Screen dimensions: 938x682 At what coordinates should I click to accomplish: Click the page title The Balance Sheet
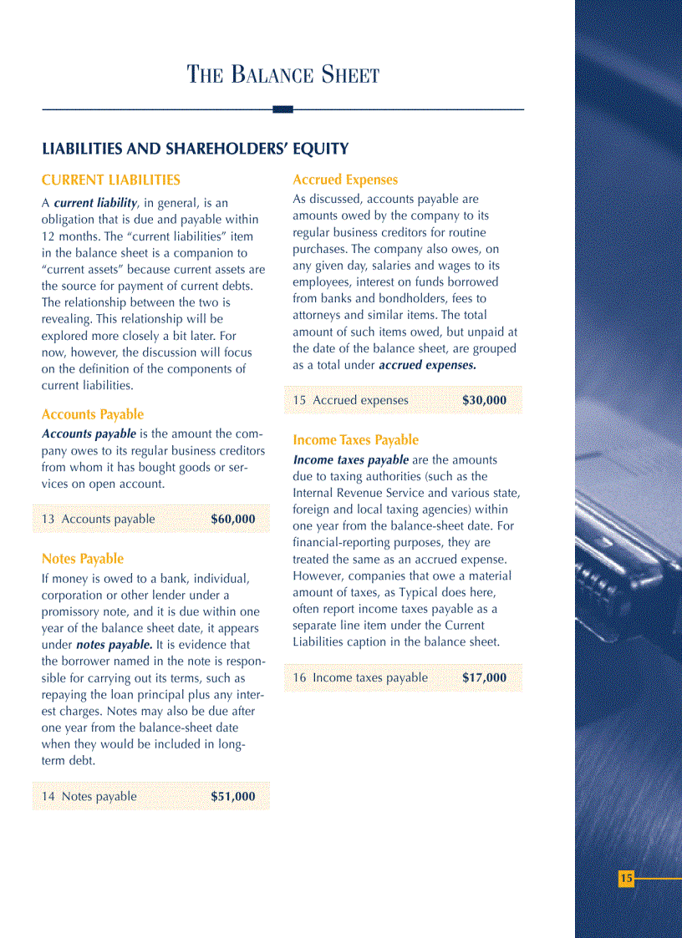click(x=283, y=75)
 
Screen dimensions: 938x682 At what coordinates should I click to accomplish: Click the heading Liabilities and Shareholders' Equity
click(x=195, y=150)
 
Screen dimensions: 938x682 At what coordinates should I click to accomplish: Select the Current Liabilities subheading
click(x=110, y=180)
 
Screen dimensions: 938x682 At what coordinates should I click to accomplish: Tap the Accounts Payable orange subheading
click(x=92, y=414)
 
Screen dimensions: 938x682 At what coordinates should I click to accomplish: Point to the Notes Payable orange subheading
click(x=82, y=559)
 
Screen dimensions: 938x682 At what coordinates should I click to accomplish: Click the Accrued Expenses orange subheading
click(x=344, y=180)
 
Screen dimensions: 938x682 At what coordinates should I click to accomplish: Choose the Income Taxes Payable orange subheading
click(x=355, y=440)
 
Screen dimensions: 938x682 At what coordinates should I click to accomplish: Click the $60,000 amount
click(x=233, y=520)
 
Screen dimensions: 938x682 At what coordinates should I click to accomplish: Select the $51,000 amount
click(x=233, y=797)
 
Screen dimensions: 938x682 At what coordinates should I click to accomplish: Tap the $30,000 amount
click(x=484, y=400)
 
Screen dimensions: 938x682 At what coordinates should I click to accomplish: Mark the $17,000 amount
click(x=484, y=677)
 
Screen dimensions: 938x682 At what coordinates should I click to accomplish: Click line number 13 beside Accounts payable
click(x=48, y=520)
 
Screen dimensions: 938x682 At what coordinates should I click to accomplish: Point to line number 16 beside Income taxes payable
click(x=299, y=677)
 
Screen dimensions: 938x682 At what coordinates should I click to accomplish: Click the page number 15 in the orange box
click(x=626, y=879)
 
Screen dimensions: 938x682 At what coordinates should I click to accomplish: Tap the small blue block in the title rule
click(x=282, y=109)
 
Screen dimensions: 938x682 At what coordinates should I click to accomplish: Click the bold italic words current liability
click(x=94, y=203)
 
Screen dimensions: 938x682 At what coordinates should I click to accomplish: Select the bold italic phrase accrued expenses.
click(x=427, y=365)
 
